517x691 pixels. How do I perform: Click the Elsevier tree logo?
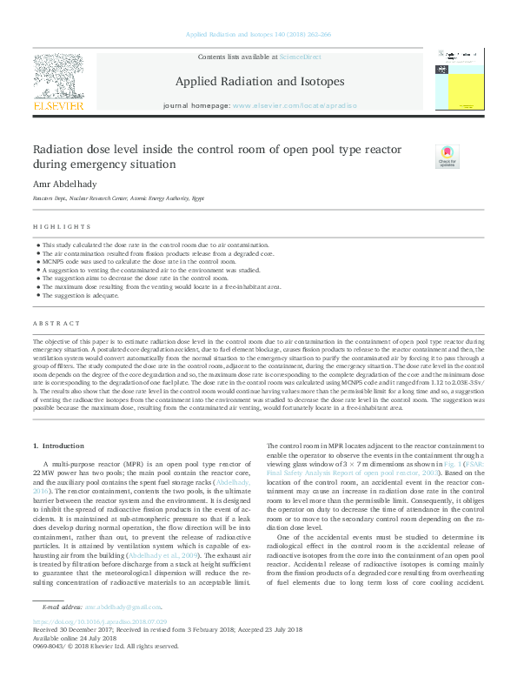59,76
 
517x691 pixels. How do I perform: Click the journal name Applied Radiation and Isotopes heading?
260,82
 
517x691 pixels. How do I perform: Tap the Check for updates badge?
447,157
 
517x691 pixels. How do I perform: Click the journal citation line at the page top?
259,35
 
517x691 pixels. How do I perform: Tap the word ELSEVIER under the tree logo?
59,106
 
